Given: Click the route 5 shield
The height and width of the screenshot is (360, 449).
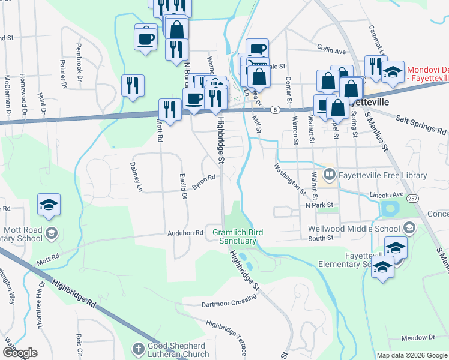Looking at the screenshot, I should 274,110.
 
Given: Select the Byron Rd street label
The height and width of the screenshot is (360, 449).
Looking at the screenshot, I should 204,182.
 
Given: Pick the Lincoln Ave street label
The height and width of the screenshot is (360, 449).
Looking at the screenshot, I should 387,195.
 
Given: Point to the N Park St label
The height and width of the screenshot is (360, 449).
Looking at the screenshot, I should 319,205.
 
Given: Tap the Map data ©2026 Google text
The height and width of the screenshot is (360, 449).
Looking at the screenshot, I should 412,355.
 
